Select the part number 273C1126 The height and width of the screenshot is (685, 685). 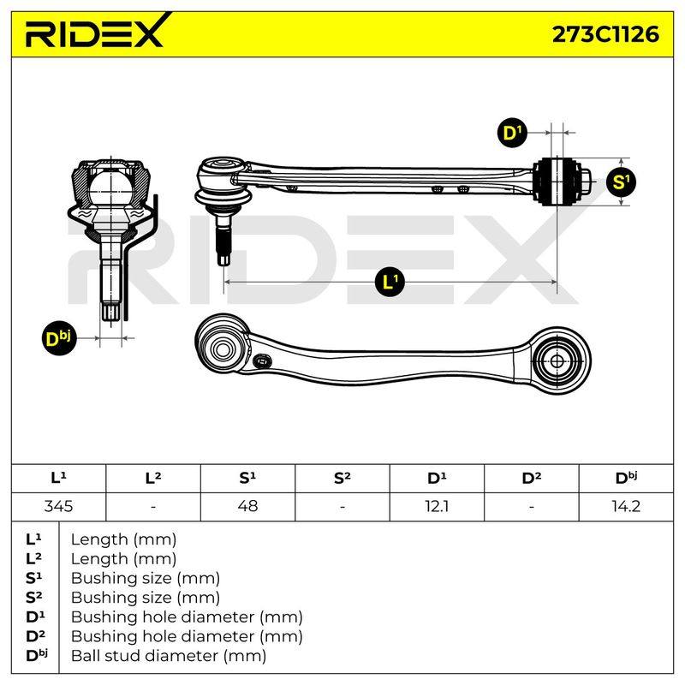click(605, 34)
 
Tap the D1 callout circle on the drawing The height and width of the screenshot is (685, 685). click(512, 133)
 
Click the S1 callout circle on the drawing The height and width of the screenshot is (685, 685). click(621, 182)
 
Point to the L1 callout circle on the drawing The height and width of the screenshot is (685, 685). click(390, 282)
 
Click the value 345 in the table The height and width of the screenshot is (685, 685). click(58, 506)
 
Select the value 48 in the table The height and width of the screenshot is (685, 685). click(247, 506)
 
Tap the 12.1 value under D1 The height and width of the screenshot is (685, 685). click(437, 506)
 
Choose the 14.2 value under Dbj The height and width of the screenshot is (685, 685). click(626, 506)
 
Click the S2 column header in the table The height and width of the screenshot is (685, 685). click(342, 478)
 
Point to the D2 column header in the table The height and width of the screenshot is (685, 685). click(531, 478)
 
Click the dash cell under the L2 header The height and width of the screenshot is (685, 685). click(153, 507)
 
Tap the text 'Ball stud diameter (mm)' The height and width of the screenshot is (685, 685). click(169, 656)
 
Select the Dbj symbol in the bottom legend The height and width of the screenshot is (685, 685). click(36, 655)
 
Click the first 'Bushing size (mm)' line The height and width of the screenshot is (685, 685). click(145, 579)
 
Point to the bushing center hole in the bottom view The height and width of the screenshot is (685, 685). click(557, 361)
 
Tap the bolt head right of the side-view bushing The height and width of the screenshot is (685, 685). click(586, 182)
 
